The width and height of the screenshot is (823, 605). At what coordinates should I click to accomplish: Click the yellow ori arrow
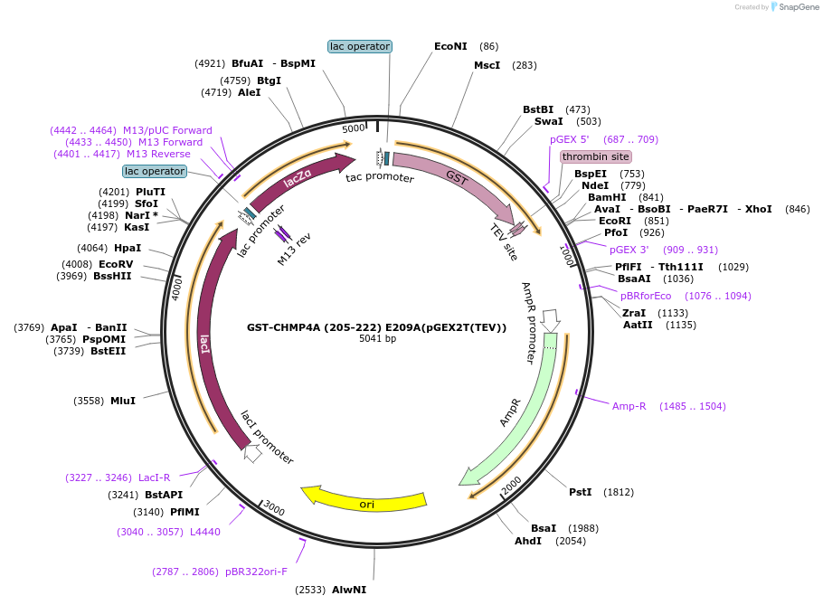[365, 501]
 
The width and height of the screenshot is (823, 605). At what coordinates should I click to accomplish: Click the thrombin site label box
[595, 156]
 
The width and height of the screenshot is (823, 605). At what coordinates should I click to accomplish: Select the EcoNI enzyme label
[450, 46]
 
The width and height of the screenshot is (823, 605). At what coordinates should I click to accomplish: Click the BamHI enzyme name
[606, 197]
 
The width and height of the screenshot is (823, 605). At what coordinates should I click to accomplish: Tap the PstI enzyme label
[580, 492]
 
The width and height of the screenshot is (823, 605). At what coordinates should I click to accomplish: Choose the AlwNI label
[349, 590]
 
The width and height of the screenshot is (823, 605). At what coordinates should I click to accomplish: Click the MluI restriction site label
[122, 400]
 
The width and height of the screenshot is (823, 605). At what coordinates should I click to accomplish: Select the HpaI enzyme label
[128, 248]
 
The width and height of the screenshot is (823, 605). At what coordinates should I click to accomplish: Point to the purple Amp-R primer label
[629, 406]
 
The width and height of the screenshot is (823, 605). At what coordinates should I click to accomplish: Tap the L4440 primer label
[205, 532]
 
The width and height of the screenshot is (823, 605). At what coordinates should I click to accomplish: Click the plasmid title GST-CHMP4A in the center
[376, 327]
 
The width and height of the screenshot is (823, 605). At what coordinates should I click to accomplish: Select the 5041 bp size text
[377, 339]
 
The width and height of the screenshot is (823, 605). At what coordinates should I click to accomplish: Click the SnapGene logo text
[796, 7]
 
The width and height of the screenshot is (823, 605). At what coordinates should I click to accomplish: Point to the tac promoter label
[380, 178]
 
